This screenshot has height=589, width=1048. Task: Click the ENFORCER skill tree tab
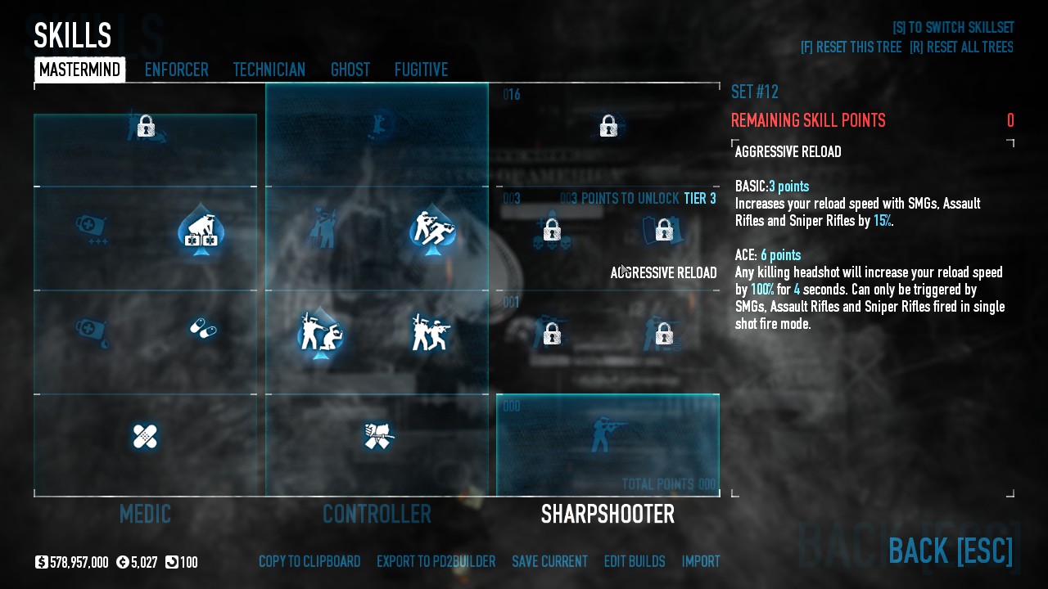[176, 70]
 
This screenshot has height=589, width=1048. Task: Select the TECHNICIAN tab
[269, 70]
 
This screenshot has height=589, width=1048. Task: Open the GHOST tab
[350, 70]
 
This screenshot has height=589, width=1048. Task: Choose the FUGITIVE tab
[421, 70]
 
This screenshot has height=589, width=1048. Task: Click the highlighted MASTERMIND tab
[79, 70]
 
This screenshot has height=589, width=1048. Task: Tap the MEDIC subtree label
[145, 515]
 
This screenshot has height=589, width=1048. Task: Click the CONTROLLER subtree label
[377, 515]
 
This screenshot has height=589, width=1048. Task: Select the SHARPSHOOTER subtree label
[608, 515]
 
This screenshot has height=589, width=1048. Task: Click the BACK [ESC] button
[951, 551]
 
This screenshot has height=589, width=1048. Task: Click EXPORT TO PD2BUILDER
[436, 562]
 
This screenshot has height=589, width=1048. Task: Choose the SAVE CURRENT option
[549, 562]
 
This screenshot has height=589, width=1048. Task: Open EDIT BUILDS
[635, 562]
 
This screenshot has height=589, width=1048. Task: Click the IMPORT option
[701, 562]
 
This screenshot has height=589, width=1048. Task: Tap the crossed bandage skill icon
[145, 437]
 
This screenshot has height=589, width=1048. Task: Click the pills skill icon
[202, 329]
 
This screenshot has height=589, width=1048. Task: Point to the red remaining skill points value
[1010, 121]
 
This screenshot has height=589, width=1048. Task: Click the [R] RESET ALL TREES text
[961, 47]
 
